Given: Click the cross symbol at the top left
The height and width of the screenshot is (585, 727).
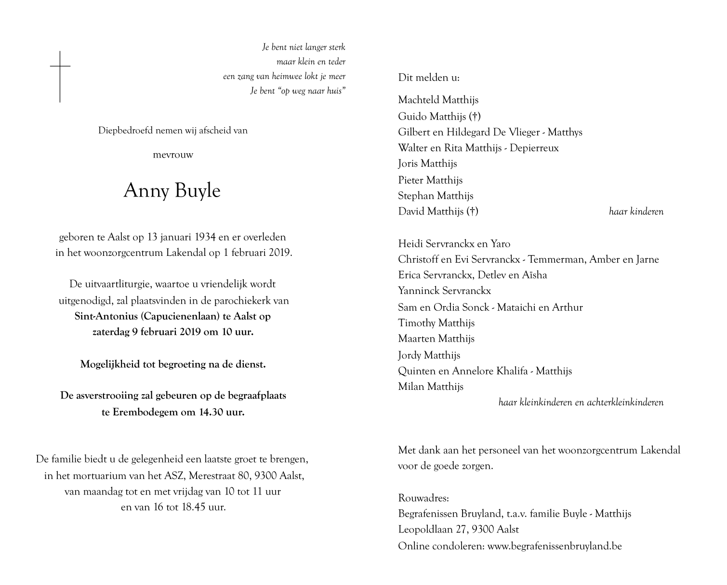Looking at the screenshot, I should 60,76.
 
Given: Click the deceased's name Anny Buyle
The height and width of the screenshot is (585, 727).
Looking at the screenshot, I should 172,191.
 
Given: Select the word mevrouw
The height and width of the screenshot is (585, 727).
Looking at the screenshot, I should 173,155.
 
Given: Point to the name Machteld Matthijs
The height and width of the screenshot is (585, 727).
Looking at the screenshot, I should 438,100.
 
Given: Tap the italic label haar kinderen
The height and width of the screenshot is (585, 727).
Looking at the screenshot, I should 636,212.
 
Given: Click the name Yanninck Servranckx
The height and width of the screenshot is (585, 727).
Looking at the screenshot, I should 444,291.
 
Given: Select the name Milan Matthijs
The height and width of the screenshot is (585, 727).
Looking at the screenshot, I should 431,386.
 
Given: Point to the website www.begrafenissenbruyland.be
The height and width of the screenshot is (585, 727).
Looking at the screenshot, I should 555,546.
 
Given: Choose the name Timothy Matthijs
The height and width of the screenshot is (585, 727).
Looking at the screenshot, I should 436,323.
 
